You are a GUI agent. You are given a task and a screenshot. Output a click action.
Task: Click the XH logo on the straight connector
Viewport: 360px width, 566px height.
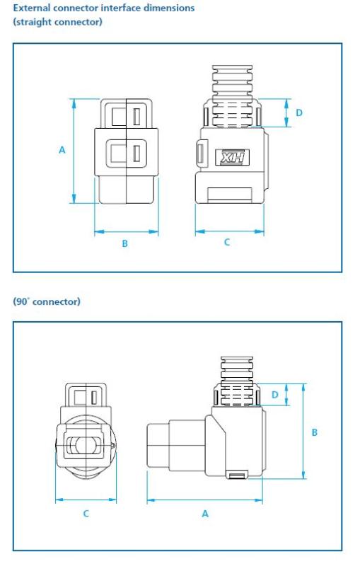pyautogui.click(x=232, y=157)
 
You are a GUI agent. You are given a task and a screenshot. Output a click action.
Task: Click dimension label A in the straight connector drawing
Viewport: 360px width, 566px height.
pyautogui.click(x=62, y=149)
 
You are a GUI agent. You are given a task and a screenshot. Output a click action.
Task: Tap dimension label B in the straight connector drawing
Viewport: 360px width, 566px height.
pyautogui.click(x=124, y=243)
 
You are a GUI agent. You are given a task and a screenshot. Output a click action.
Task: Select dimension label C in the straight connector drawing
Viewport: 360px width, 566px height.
pyautogui.click(x=227, y=242)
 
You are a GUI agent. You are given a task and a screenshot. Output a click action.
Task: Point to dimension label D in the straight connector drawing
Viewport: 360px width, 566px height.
pyautogui.click(x=299, y=113)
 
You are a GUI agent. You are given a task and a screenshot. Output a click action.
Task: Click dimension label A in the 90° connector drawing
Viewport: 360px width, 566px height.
pyautogui.click(x=205, y=514)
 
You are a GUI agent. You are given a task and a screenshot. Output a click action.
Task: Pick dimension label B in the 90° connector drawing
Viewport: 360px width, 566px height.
pyautogui.click(x=315, y=432)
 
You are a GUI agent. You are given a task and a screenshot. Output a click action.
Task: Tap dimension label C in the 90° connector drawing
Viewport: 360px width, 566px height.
pyautogui.click(x=86, y=514)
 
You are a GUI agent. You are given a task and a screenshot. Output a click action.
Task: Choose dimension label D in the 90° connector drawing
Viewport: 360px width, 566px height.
pyautogui.click(x=275, y=395)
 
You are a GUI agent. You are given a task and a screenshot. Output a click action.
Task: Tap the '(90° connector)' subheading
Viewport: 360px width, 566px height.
pyautogui.click(x=47, y=301)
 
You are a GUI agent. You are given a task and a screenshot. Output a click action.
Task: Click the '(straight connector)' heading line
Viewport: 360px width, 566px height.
pyautogui.click(x=58, y=22)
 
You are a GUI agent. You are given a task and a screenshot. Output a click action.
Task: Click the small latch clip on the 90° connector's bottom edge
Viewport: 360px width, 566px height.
pyautogui.click(x=237, y=475)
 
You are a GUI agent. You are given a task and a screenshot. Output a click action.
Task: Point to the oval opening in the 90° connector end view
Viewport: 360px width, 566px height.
pyautogui.click(x=86, y=445)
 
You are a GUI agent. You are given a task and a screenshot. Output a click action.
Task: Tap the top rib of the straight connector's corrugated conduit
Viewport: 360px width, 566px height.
pyautogui.click(x=232, y=69)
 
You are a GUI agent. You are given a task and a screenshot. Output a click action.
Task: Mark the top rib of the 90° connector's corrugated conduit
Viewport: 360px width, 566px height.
pyautogui.click(x=237, y=359)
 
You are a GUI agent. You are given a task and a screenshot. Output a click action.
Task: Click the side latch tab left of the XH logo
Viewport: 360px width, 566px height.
pyautogui.click(x=201, y=154)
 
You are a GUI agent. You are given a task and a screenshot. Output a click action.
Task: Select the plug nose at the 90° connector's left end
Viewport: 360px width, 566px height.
pyautogui.click(x=158, y=446)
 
